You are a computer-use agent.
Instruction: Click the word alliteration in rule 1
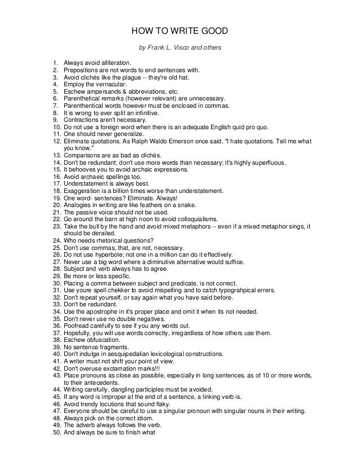click(x=112, y=61)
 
